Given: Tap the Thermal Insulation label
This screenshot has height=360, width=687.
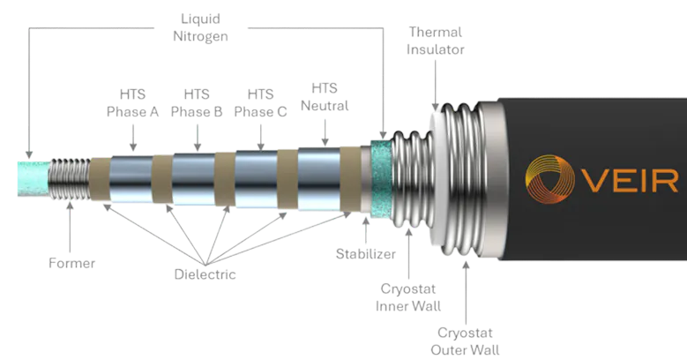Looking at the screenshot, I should coord(434,41).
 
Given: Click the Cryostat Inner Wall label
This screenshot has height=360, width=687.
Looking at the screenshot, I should coord(407,297).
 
